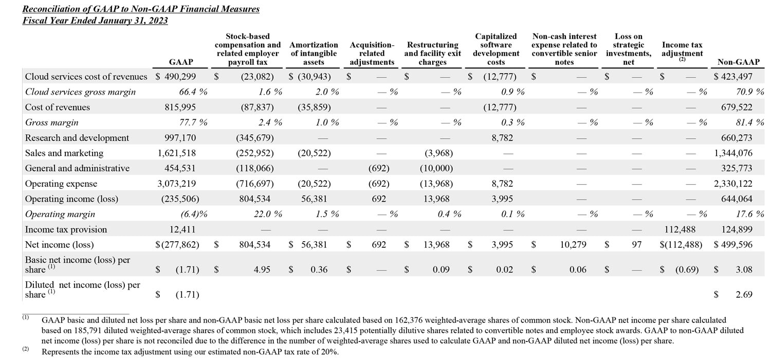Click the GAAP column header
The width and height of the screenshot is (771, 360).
tap(181, 62)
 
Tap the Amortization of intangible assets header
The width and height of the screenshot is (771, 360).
tap(314, 53)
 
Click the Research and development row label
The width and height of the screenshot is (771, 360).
tap(77, 138)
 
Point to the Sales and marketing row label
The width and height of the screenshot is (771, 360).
tap(64, 153)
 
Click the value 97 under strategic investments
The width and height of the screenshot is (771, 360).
tap(637, 245)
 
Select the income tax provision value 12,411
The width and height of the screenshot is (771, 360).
tap(182, 229)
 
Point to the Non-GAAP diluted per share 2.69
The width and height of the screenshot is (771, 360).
tap(744, 295)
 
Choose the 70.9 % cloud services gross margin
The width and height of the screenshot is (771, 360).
tap(748, 92)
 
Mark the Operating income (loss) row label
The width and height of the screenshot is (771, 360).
tap(71, 199)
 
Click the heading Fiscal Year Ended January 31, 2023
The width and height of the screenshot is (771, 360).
tap(95, 21)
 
